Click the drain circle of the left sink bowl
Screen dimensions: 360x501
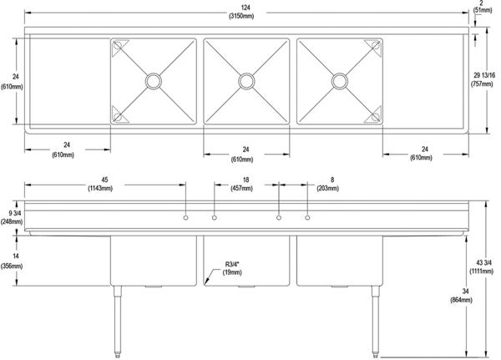pos(154,80)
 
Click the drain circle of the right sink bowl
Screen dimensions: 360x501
pos(339,80)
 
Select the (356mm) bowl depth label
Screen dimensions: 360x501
pos(12,266)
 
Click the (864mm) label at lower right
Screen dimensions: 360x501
pos(458,299)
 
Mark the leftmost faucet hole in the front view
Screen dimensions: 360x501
pos(185,219)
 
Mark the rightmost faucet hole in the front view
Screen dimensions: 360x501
pos(307,219)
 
